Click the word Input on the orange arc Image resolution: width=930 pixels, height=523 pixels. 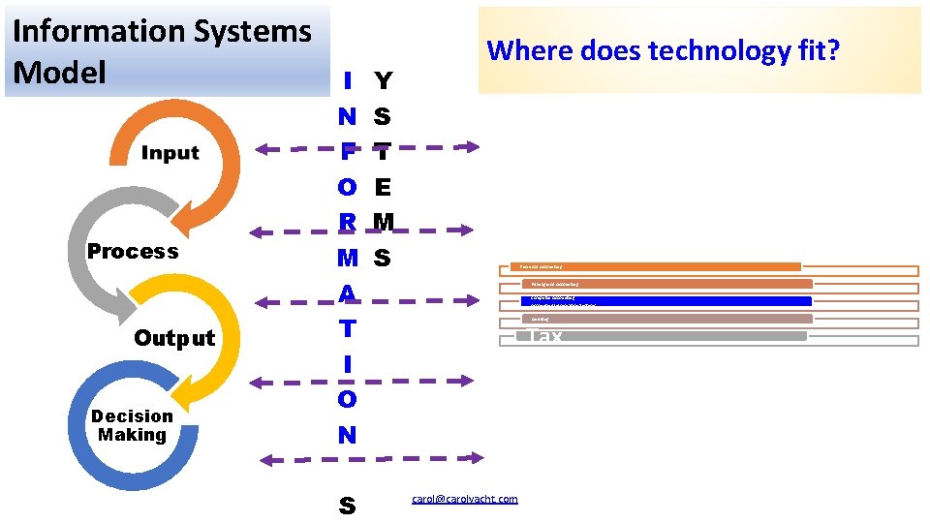(x=170, y=153)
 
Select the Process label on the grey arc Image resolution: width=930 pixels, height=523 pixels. (x=133, y=252)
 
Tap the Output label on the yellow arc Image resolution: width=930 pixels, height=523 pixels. (x=174, y=338)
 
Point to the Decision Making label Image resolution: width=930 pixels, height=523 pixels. (x=132, y=425)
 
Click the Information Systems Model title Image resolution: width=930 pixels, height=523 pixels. (x=162, y=50)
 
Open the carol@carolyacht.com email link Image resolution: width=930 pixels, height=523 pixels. (x=464, y=499)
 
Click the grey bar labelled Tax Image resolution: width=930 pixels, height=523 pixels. (x=663, y=336)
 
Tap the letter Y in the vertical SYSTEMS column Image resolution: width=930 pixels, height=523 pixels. (x=383, y=81)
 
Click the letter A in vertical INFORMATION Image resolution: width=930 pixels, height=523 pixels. (x=347, y=292)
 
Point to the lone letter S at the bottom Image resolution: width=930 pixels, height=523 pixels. (x=347, y=506)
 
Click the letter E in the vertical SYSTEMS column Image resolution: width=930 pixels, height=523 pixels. (x=383, y=186)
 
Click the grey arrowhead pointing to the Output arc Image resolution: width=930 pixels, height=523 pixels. (x=123, y=309)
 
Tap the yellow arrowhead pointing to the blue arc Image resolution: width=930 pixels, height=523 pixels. (x=196, y=394)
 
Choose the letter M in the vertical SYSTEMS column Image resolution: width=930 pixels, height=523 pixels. (x=384, y=222)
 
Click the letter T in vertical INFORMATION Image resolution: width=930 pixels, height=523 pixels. (x=347, y=328)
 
